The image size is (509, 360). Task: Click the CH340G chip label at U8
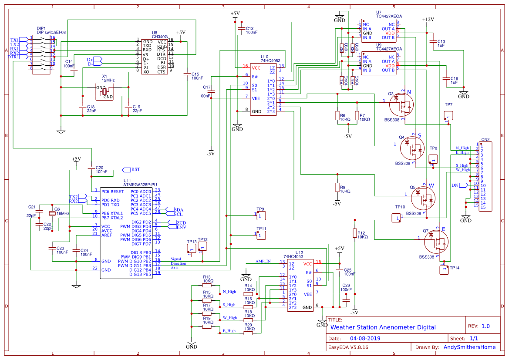tap(160, 37)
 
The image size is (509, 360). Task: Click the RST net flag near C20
tap(135, 169)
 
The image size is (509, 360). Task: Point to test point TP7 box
tap(448, 115)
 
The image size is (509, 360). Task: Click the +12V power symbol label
tap(428, 20)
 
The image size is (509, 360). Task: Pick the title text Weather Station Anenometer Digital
tap(383, 327)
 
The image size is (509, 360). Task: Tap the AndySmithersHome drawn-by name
tap(469, 347)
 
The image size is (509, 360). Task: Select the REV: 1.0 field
tap(479, 326)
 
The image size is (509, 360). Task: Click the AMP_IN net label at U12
tap(263, 261)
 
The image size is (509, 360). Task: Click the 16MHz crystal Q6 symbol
tap(51, 214)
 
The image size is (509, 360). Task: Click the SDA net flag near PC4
tap(179, 209)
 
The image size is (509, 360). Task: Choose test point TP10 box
tap(396, 218)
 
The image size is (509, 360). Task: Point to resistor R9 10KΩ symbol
tap(337, 187)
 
